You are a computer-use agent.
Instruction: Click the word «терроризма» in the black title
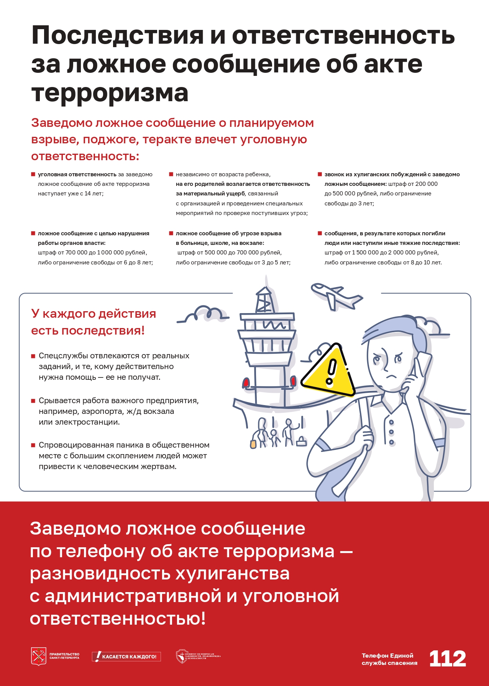(x=110, y=93)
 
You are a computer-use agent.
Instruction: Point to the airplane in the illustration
(x=336, y=295)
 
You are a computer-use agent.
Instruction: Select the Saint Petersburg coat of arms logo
(x=38, y=656)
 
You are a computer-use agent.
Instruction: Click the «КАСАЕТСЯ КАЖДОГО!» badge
(x=126, y=656)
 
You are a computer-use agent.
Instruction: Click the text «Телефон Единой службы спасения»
(x=389, y=659)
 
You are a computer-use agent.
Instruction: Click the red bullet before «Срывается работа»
(x=33, y=401)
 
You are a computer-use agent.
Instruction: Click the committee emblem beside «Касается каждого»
(x=182, y=656)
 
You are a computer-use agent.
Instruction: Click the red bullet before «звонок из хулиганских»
(x=320, y=174)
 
